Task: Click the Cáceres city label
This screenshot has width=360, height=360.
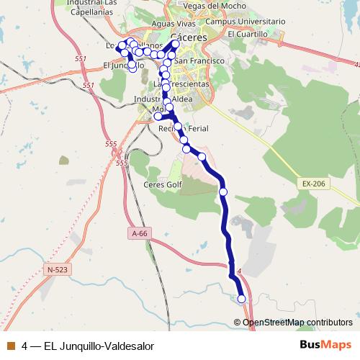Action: point(190,37)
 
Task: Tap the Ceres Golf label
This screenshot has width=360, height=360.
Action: point(163,185)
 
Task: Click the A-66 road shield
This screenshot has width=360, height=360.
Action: point(139,233)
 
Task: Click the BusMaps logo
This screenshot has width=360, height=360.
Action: point(325,345)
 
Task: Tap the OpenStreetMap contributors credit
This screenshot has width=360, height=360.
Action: point(297,322)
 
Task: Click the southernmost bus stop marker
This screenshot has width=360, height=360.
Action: point(241,299)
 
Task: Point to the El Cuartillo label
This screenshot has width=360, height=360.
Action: point(247,34)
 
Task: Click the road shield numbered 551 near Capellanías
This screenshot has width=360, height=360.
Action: point(81,59)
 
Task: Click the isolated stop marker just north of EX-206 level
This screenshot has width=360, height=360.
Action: point(223,192)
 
